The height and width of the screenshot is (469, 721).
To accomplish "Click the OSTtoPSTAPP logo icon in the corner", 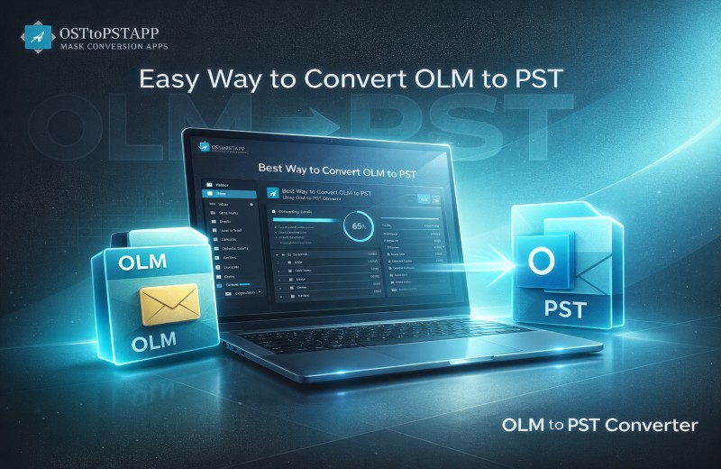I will [37, 36].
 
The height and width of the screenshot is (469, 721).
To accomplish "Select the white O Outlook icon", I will [544, 262].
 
